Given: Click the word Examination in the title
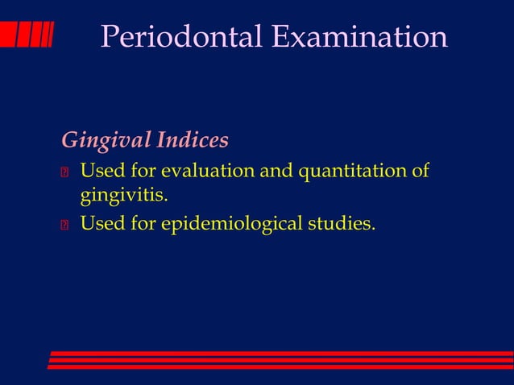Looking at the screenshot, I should coord(359,37).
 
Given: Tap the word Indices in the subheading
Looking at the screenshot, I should coord(193,141).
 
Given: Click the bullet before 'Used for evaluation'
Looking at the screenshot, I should coord(65,172).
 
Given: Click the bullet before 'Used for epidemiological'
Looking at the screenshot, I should coord(65,224).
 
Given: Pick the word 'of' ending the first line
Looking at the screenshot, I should coord(420,172).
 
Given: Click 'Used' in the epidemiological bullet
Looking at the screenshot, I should coord(102,223).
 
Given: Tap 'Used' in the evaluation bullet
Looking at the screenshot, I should coord(102,172).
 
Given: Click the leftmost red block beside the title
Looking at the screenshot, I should coord(7,35).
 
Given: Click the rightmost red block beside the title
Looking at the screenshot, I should coord(47,35).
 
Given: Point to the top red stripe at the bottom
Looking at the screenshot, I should coord(281,353).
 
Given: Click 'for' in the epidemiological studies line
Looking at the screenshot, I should coord(143,223).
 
